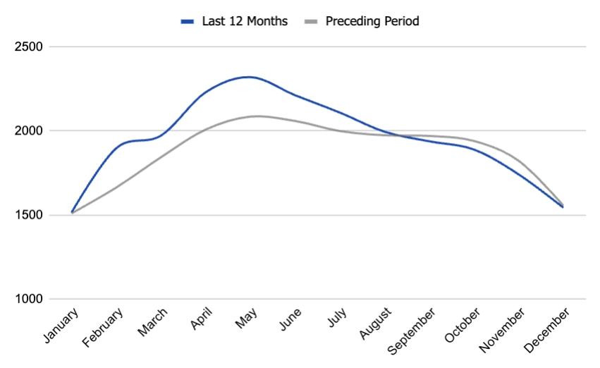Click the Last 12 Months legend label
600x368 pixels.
point(244,21)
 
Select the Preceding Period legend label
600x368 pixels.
point(372,21)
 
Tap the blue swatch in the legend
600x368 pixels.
point(188,21)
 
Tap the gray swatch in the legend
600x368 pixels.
point(312,21)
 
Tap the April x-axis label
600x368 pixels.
point(202,319)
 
